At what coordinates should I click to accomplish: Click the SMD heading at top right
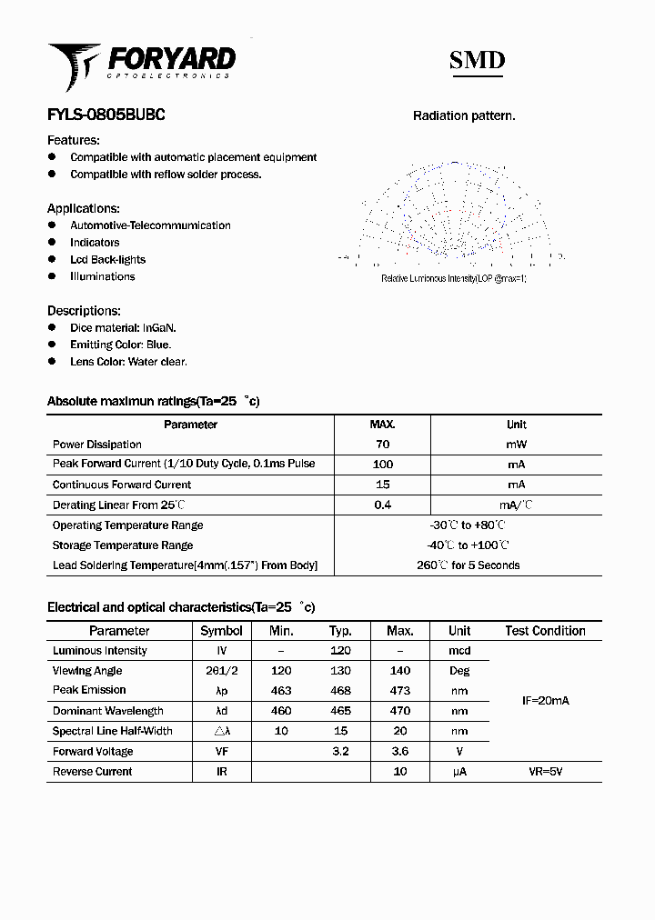[x=477, y=61]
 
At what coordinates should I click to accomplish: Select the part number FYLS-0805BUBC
[x=106, y=115]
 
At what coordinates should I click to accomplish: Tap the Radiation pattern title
[x=464, y=115]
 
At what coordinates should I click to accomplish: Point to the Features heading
[x=74, y=140]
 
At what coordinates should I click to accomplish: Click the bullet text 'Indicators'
[x=95, y=243]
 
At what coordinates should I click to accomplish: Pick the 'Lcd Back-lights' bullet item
[x=107, y=260]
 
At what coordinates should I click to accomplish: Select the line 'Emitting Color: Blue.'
[x=120, y=345]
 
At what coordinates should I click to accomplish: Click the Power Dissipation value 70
[x=382, y=445]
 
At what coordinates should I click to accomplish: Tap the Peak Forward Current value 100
[x=382, y=465]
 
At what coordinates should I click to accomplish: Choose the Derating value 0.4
[x=382, y=505]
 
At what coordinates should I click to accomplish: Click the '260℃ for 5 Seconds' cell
[x=468, y=565]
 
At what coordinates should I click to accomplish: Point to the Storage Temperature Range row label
[x=123, y=545]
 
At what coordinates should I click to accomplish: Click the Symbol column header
[x=221, y=631]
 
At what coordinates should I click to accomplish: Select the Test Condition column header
[x=545, y=631]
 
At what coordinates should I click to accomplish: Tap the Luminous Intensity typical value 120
[x=340, y=651]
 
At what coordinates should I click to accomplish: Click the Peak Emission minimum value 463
[x=281, y=691]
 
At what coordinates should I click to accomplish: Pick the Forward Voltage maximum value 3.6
[x=399, y=752]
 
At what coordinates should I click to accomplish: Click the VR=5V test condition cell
[x=545, y=772]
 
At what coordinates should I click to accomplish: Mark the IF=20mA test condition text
[x=545, y=701]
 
